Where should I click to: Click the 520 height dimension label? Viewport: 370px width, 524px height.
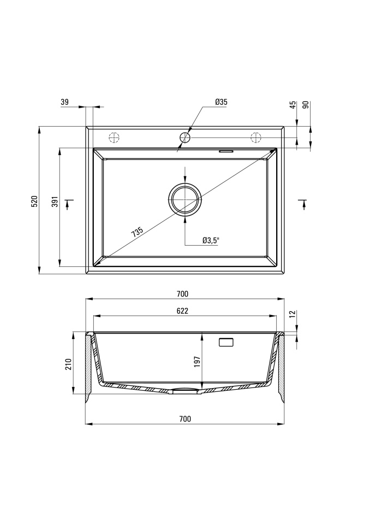tap(35, 201)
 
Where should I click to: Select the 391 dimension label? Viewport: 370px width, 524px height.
tap(55, 201)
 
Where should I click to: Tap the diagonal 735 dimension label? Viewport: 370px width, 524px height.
tap(138, 232)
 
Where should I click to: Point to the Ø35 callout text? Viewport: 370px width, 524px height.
tap(221, 102)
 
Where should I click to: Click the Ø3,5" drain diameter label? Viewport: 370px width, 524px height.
tap(211, 240)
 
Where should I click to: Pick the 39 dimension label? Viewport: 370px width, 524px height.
tap(64, 102)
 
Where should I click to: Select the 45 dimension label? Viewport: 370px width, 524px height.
tap(293, 105)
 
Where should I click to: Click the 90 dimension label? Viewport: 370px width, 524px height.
tap(306, 105)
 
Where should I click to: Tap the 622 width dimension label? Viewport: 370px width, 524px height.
tap(182, 311)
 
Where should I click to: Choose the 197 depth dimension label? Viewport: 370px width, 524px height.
tap(197, 361)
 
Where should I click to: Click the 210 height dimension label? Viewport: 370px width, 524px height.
tap(69, 364)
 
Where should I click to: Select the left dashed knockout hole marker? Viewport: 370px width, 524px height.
tap(114, 138)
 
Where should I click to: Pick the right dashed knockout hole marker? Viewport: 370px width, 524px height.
tap(256, 138)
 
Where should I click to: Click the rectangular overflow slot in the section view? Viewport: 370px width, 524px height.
tap(226, 342)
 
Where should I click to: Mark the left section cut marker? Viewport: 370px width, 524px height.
tap(68, 204)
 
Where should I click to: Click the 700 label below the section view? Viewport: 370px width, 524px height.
tap(185, 419)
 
